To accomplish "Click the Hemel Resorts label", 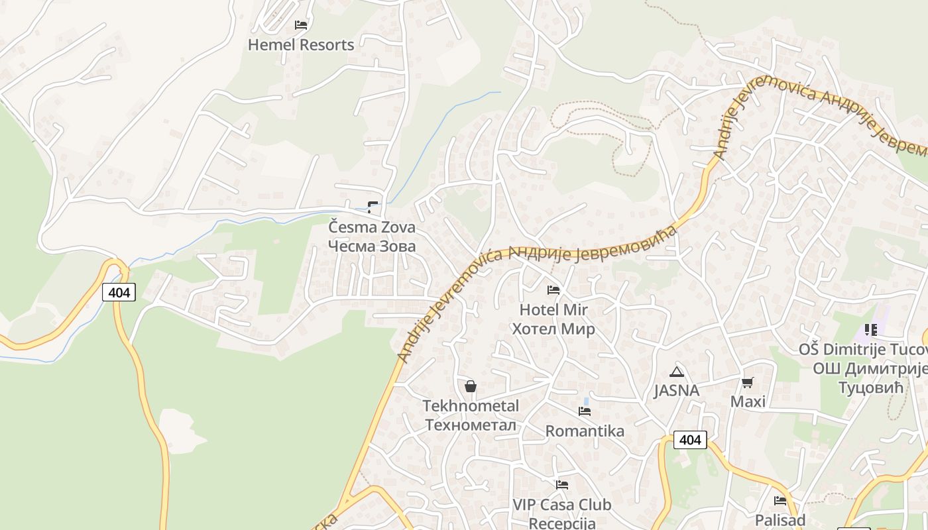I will [x=301, y=45].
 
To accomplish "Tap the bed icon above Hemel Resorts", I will [x=301, y=25].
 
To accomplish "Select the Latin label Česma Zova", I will [x=372, y=227].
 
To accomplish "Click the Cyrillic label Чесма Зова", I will [x=372, y=246].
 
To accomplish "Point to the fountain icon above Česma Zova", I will [x=373, y=207].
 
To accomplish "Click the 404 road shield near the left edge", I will [x=119, y=292].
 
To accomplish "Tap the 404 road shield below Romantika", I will [x=690, y=439].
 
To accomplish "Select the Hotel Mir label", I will [x=553, y=309].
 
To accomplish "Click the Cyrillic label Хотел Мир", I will [x=553, y=329].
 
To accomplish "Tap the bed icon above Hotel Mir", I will [x=553, y=290].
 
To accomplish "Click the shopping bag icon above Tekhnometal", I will [x=471, y=386].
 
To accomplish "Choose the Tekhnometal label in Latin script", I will [x=471, y=405].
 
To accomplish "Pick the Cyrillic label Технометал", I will [x=471, y=425].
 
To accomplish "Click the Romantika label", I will [x=585, y=431].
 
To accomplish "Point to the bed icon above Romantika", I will [x=585, y=411].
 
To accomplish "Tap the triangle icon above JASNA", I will [x=676, y=372].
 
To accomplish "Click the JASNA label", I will [x=676, y=391].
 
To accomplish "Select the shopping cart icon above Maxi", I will [x=748, y=382].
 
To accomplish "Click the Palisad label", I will [x=780, y=520].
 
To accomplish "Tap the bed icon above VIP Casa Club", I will [x=562, y=485].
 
